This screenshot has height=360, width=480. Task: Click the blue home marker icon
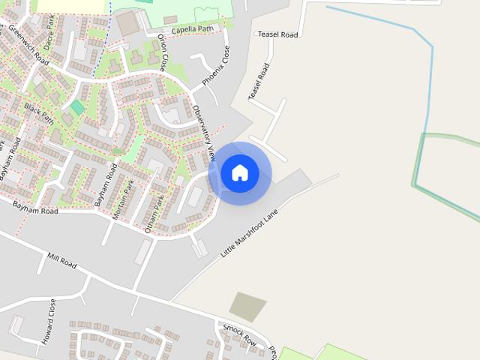(240, 173)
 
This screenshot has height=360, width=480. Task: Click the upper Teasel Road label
(277, 34)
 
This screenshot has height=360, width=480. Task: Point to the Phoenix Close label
(216, 67)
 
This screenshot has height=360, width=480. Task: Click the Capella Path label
(192, 30)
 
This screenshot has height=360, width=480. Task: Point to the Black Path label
(39, 112)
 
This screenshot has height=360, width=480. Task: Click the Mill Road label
(62, 261)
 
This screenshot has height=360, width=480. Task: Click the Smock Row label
(239, 336)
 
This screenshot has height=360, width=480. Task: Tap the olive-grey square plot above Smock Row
(247, 307)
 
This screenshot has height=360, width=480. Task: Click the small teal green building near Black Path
(77, 108)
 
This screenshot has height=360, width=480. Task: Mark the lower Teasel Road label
(258, 82)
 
